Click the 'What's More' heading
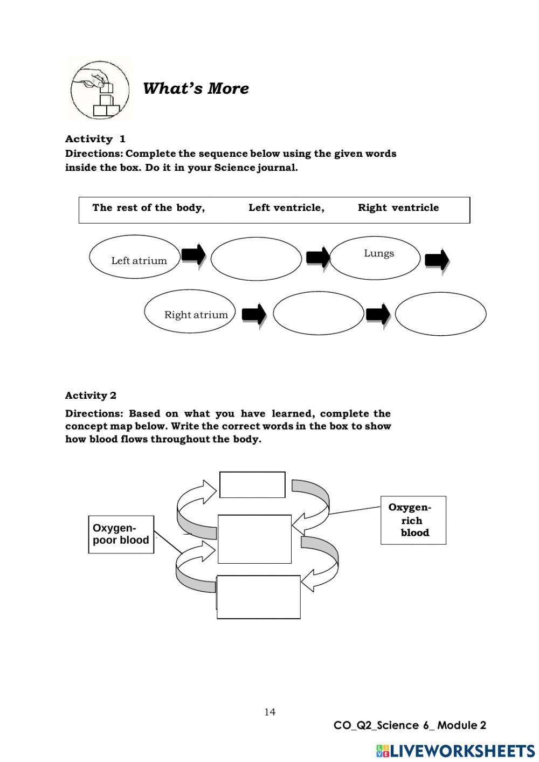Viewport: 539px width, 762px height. pos(196,88)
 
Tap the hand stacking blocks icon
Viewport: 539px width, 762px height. pos(100,91)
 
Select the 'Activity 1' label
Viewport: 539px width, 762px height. pos(95,139)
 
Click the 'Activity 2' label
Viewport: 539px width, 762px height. pos(91,396)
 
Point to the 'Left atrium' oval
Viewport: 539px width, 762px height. pos(135,257)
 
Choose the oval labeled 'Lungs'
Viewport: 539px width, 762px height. pos(375,258)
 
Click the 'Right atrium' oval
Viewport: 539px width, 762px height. pos(190,312)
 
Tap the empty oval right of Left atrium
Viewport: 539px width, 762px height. pos(256,258)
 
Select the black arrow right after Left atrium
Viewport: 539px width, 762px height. pos(194,255)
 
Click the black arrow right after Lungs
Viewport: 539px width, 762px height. pos(437,260)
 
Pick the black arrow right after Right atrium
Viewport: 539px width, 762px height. pos(254,314)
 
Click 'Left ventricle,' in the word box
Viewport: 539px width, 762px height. pos(286,208)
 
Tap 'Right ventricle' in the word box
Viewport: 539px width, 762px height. pos(398,208)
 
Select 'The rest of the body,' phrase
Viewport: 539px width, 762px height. pos(149,208)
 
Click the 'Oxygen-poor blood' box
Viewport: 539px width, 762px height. pos(121,535)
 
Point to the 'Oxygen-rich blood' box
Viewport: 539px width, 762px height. pos(413,520)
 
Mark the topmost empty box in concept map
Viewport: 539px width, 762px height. pos(252,485)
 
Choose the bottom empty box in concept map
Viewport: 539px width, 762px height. pos(259,597)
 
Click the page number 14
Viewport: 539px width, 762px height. pos(269,712)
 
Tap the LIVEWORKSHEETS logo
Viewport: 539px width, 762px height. pos(455,751)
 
